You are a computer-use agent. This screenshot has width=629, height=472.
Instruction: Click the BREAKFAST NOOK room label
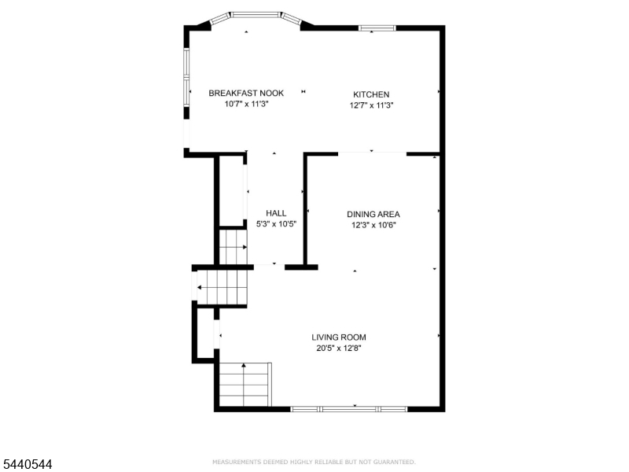(246, 93)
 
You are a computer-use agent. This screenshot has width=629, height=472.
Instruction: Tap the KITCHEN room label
(371, 94)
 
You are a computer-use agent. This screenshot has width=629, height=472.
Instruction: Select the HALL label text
(276, 213)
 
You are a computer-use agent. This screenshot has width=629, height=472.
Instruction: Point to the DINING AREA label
(373, 214)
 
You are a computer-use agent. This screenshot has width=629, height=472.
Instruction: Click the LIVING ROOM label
(339, 337)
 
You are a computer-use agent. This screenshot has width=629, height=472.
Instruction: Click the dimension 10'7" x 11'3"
(246, 104)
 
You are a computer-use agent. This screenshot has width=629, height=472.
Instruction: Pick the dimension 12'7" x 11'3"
(371, 105)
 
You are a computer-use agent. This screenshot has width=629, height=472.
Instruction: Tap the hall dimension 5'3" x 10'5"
(276, 224)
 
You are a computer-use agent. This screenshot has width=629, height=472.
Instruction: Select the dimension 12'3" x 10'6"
(373, 225)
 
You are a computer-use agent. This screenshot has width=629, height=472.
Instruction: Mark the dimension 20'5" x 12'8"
(339, 348)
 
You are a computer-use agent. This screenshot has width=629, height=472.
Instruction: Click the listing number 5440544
(26, 464)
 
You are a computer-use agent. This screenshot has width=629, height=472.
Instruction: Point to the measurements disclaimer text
(314, 462)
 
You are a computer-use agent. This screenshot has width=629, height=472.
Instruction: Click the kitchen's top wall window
(377, 28)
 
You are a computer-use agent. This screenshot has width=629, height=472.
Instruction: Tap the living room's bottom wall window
(348, 409)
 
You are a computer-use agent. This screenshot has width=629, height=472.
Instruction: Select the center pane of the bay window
(256, 15)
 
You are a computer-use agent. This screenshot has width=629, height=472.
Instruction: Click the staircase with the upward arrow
(245, 385)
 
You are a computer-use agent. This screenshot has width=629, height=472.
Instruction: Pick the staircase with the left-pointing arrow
(222, 288)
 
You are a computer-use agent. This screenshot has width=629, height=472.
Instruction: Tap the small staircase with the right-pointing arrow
(233, 247)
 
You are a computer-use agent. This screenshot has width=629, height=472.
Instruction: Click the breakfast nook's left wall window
(186, 77)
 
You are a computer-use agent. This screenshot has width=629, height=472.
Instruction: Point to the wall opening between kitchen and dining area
(372, 153)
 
